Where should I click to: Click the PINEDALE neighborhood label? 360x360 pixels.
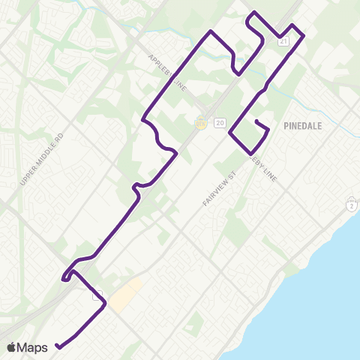303,126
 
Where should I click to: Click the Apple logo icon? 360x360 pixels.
12,347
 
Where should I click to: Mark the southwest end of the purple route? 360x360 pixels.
57,346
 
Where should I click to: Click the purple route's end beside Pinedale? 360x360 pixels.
256,121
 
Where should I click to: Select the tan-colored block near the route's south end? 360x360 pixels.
124,295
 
